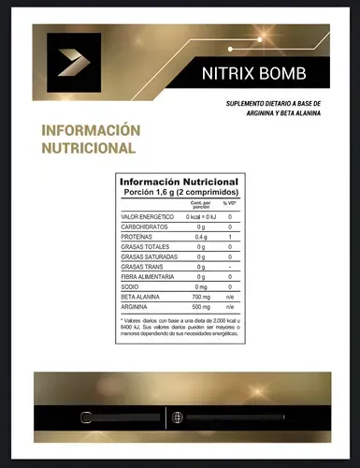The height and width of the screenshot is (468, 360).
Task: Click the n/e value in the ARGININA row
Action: point(229,307)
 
